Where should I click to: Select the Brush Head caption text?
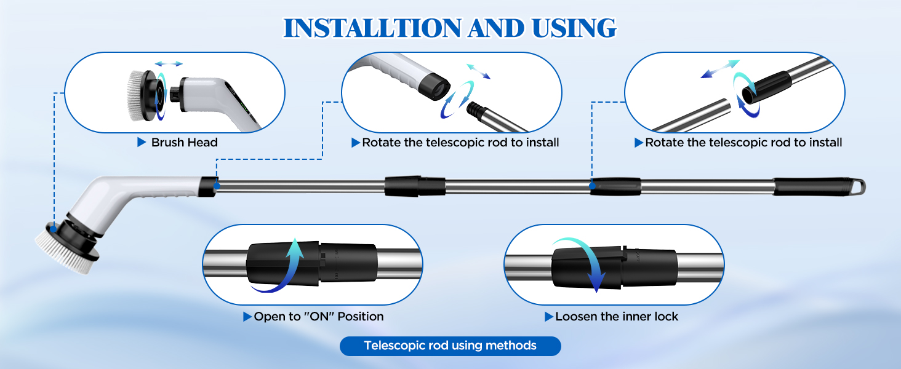[x=185, y=143]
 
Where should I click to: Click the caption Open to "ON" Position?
[x=318, y=317]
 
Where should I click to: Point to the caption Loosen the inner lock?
[x=616, y=317]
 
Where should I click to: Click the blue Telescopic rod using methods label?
[x=450, y=346]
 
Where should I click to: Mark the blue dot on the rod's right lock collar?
[x=592, y=184]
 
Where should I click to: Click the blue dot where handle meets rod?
[x=216, y=184]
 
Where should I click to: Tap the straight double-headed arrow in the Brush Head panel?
[x=169, y=63]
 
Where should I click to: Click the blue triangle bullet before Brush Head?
[x=142, y=143]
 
